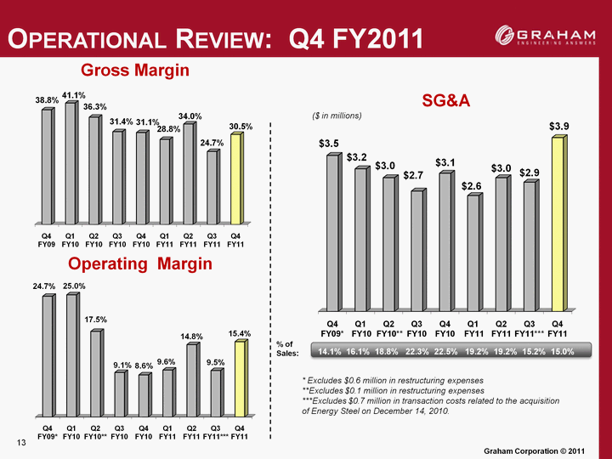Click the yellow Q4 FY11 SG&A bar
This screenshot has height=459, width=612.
click(557, 224)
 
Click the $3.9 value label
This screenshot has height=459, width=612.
click(558, 126)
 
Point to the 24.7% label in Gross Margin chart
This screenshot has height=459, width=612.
click(212, 143)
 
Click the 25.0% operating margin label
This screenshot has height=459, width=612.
click(73, 286)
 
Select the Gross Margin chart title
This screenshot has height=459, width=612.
click(135, 71)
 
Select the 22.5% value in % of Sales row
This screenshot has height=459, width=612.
click(445, 351)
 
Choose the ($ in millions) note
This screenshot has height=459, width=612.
click(338, 115)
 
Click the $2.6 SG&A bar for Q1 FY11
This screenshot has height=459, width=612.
click(473, 252)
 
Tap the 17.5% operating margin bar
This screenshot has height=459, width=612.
click(95, 374)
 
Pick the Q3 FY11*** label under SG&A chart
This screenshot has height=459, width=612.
click(530, 328)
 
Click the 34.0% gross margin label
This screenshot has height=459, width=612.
click(189, 116)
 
